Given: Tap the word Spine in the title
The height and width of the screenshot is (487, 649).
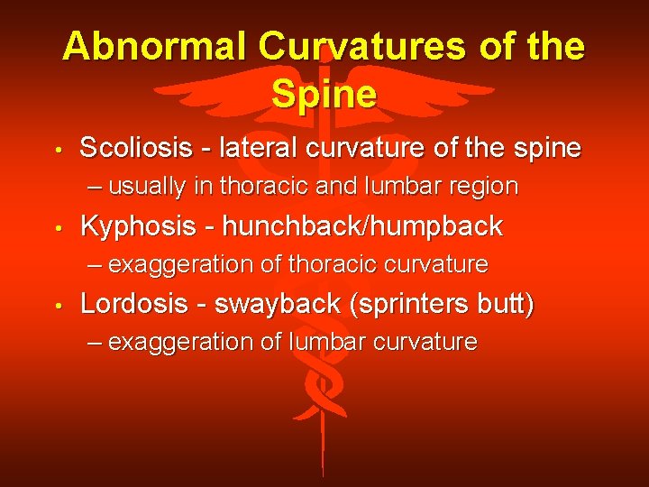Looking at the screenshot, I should coord(324,93).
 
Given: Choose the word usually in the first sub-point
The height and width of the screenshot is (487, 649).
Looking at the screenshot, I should coord(160,187).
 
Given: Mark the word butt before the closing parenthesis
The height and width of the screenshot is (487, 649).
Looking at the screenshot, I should coord(505,304).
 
